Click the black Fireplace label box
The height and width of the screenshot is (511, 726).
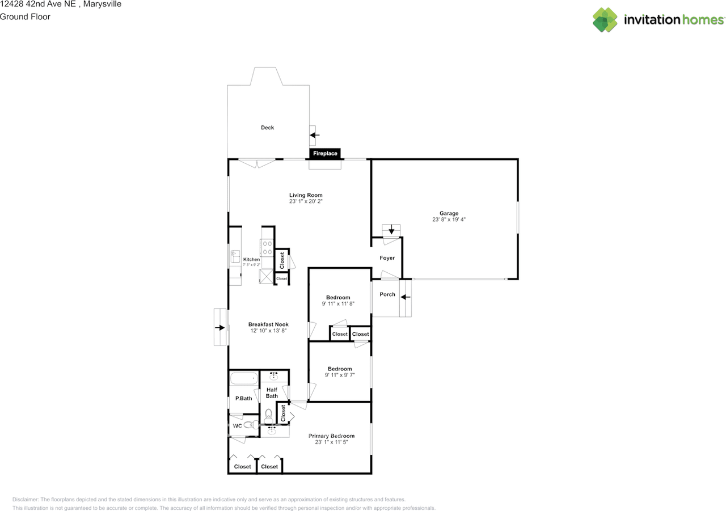click(325, 153)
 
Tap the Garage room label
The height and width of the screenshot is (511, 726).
click(449, 213)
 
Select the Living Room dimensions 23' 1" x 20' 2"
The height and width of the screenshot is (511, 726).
click(306, 201)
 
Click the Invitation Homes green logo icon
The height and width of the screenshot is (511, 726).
click(605, 20)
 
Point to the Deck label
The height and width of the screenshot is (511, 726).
click(267, 128)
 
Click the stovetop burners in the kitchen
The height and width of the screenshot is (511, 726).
click(267, 248)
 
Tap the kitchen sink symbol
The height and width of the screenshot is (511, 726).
click(235, 256)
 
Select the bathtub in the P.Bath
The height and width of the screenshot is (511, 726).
click(244, 378)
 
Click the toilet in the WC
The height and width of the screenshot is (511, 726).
click(251, 424)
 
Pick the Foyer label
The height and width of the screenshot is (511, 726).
click(387, 258)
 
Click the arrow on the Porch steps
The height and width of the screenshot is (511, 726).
click(406, 297)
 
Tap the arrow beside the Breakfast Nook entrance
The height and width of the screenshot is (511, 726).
click(220, 328)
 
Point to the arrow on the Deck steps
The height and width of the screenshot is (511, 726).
click(315, 135)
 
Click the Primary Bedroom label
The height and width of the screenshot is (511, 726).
click(331, 436)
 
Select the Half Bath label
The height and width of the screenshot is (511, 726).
click(272, 392)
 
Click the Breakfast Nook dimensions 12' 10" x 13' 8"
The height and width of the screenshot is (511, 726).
click(268, 331)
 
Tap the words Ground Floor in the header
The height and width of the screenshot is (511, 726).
click(25, 17)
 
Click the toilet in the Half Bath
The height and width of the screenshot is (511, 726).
click(268, 416)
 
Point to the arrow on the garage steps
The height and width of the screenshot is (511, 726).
click(391, 230)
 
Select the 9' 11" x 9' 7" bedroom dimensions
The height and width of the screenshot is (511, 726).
click(340, 375)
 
